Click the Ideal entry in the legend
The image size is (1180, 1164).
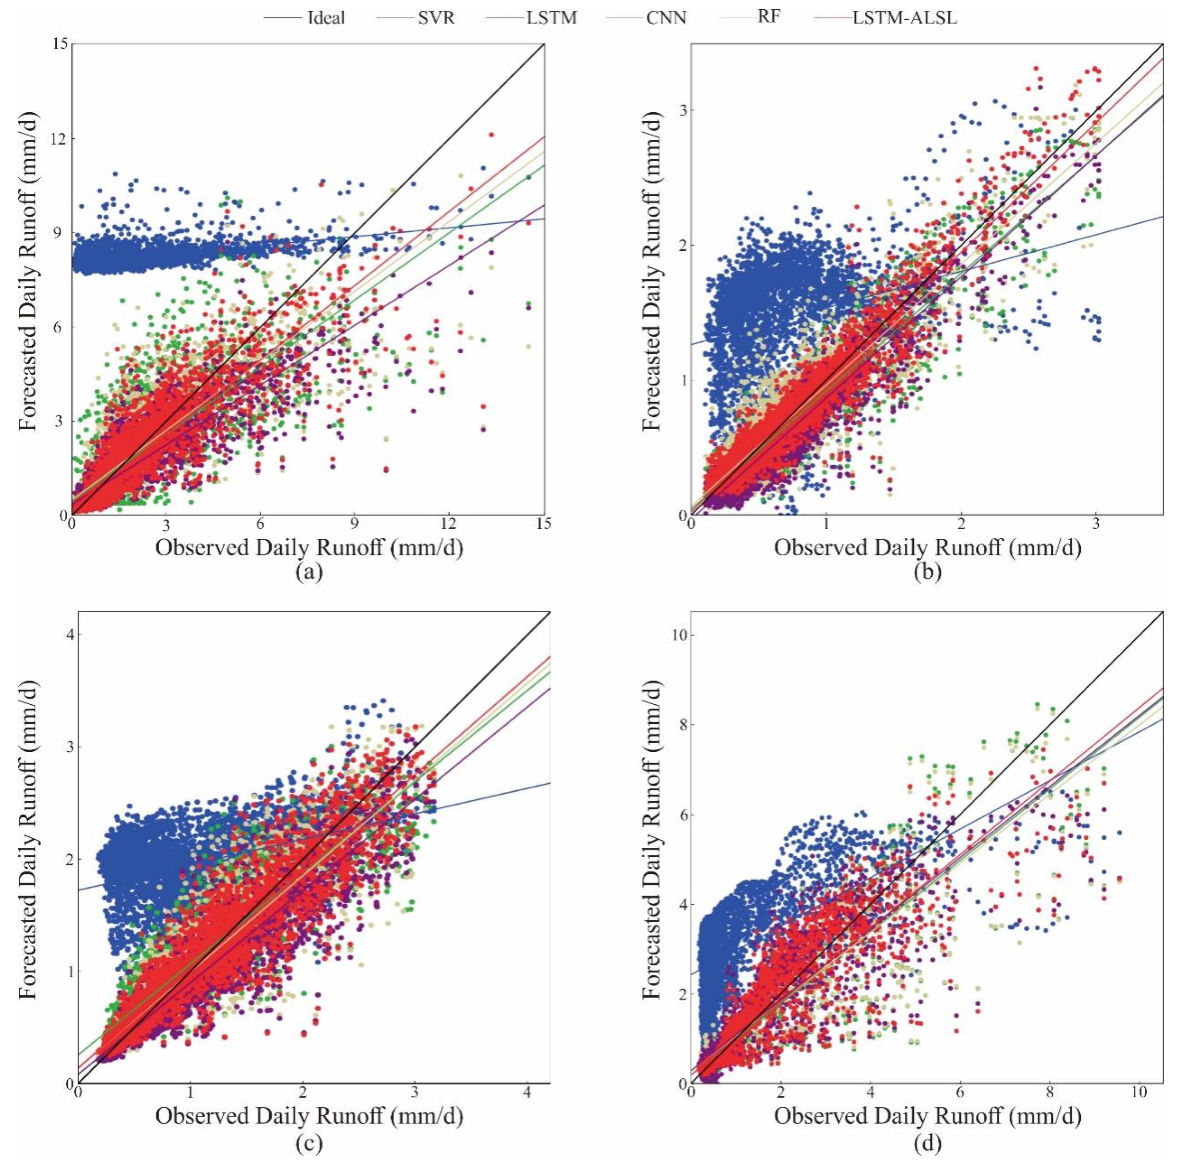tap(326, 18)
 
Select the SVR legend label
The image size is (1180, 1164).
tap(436, 18)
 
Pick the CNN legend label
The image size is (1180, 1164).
tap(667, 18)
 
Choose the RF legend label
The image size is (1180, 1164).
tap(769, 17)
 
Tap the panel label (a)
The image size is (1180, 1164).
tap(309, 572)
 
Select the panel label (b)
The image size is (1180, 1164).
tap(927, 572)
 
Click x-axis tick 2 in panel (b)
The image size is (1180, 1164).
tap(962, 524)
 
